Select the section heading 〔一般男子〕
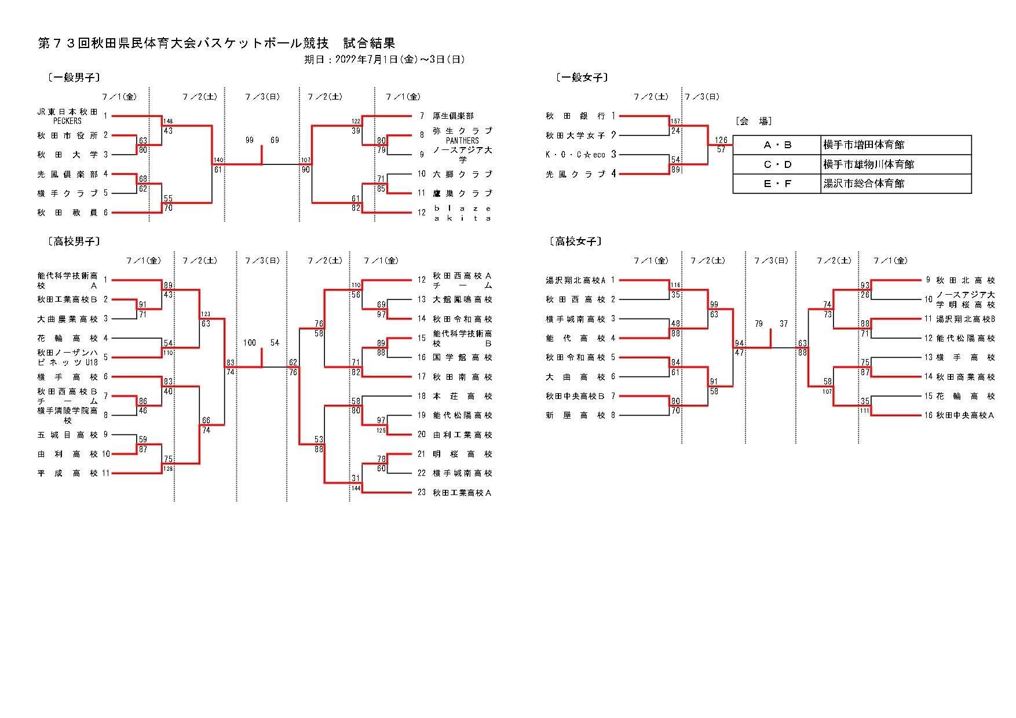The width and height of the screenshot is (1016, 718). point(74,78)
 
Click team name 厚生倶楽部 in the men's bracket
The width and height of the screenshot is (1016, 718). point(453,116)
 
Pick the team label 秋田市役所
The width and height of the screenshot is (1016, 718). point(67,135)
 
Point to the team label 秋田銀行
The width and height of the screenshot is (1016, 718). point(575,116)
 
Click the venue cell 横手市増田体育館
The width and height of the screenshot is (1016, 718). point(863,145)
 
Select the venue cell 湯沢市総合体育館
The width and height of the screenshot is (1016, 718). point(863,184)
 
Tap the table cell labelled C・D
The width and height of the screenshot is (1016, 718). point(777,164)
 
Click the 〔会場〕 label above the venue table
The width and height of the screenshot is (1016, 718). point(753,121)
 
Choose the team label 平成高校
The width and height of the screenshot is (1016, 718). point(67,473)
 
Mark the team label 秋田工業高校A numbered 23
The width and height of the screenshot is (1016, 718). point(462,493)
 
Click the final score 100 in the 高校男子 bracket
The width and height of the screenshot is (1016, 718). point(250,343)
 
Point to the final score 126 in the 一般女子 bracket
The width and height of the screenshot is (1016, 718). point(721,140)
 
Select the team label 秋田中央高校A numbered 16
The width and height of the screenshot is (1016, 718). point(965,415)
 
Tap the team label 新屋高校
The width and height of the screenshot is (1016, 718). point(575,415)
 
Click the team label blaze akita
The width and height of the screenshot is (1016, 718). point(462,213)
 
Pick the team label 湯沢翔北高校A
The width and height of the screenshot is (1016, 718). point(575,280)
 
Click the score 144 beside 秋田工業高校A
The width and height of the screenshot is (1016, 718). point(356,488)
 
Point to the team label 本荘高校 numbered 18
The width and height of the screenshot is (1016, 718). point(462,396)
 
